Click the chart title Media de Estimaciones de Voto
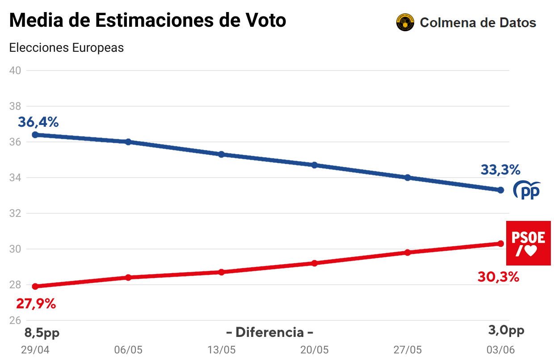[x=147, y=21]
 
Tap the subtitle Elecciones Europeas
[x=67, y=48]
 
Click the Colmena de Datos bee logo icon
[x=405, y=22]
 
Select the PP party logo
[x=527, y=190]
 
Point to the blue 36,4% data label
[x=38, y=122]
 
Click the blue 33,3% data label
[x=500, y=170]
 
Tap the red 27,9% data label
[x=36, y=304]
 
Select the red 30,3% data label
[x=498, y=277]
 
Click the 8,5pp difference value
[x=42, y=332]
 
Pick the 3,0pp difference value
[x=506, y=331]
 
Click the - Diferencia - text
[x=269, y=332]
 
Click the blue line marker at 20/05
[x=314, y=165]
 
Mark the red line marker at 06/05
[x=128, y=278]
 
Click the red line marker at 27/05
[x=407, y=253]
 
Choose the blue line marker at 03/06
[x=500, y=190]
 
